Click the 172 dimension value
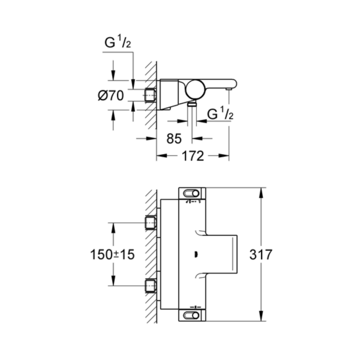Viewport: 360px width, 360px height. tap(193, 156)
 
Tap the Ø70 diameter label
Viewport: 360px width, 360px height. tap(111, 96)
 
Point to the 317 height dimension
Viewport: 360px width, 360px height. tap(261, 254)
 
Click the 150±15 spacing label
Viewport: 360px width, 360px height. tap(113, 254)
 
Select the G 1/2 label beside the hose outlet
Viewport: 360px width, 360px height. tap(220, 114)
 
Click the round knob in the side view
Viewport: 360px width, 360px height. tap(195, 88)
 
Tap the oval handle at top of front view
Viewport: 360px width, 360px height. tap(193, 193)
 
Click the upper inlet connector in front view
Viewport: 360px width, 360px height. tap(150, 223)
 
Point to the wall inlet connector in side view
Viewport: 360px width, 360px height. tap(150, 95)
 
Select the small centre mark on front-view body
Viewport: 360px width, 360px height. tap(195, 254)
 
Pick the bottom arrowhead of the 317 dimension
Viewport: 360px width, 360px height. tap(261, 318)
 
